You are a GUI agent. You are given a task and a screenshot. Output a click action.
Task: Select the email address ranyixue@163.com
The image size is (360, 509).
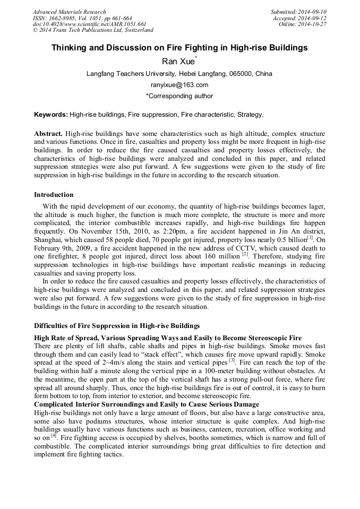tap(179, 85)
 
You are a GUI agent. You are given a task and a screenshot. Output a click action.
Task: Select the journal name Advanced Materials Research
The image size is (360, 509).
tap(70, 12)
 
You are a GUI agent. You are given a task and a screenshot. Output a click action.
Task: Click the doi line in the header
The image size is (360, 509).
tap(89, 24)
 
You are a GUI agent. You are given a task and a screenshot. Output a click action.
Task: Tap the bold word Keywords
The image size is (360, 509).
tap(50, 115)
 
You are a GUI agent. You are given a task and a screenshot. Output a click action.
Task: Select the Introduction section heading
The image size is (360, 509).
tap(54, 195)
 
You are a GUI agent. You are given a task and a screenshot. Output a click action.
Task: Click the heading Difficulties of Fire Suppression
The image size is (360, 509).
tap(117, 325)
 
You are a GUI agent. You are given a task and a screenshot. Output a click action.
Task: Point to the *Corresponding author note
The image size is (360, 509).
tap(179, 96)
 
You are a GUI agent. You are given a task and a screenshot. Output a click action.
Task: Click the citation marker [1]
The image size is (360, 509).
tap(310, 238)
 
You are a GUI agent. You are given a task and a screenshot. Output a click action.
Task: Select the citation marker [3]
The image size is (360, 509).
tap(232, 360)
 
